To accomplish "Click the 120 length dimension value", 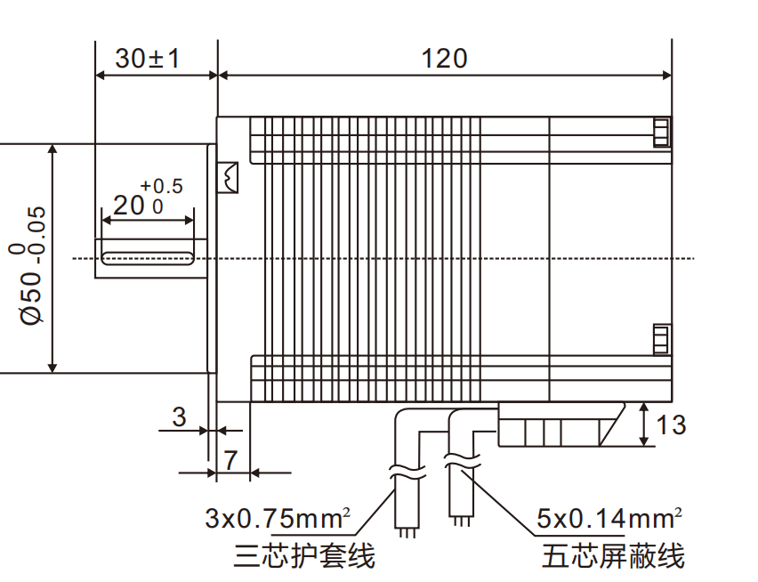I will (x=444, y=59).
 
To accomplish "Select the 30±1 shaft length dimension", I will (x=148, y=59).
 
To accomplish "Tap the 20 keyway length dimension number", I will (x=128, y=206).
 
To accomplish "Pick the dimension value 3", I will (x=179, y=416).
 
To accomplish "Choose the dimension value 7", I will (x=230, y=460).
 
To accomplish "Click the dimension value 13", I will (x=671, y=425).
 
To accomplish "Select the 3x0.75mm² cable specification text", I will (x=278, y=518).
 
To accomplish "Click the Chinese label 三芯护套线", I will (x=304, y=556).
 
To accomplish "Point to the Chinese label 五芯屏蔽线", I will (x=613, y=557).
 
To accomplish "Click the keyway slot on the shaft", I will (x=148, y=258).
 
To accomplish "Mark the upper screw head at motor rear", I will (x=660, y=133).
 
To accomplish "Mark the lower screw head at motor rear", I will (x=660, y=340).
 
